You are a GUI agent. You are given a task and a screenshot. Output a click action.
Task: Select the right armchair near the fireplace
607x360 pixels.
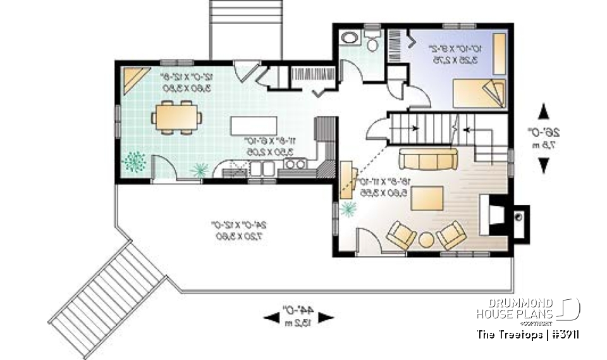pos(451,235)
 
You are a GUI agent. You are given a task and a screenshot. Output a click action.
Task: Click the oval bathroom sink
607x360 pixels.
pos(349,38)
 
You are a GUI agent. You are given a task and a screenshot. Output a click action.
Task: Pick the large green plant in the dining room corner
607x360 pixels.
pos(134,162)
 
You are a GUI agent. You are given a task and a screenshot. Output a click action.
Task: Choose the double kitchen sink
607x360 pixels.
pos(261,168)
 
